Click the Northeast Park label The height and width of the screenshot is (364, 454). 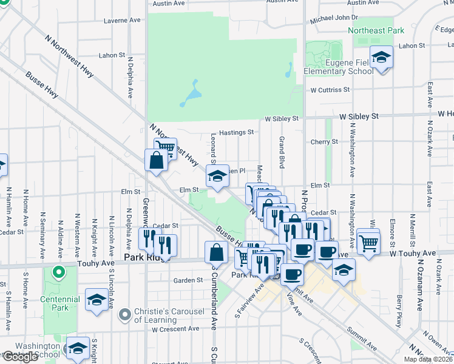(x=375, y=30)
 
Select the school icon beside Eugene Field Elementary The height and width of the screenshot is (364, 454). (x=381, y=58)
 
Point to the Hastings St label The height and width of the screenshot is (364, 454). (x=236, y=132)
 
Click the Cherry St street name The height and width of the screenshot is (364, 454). (x=324, y=142)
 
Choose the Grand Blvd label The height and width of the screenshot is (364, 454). (x=282, y=152)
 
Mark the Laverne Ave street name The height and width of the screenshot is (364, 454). (x=122, y=20)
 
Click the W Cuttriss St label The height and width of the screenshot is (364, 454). (x=330, y=90)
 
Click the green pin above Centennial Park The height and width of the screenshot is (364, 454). (x=59, y=272)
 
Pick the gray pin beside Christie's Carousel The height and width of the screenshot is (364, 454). (x=125, y=314)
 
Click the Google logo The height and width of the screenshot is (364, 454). (x=20, y=357)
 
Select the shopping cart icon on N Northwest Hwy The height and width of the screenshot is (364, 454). (x=164, y=147)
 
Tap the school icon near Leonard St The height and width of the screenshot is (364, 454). (x=216, y=177)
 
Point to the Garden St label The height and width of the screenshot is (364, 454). (x=188, y=280)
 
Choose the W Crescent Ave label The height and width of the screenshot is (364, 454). (x=175, y=329)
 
